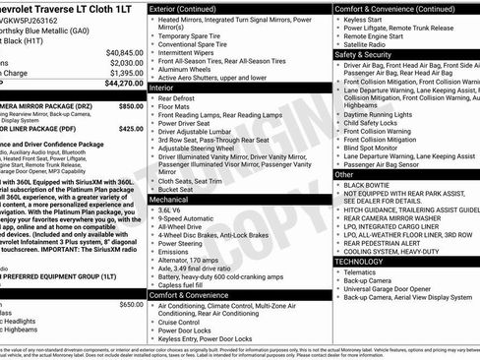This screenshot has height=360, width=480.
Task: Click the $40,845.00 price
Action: tap(125, 52)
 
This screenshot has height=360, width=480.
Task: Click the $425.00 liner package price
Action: tap(131, 128)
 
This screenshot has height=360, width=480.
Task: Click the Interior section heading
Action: tap(163, 88)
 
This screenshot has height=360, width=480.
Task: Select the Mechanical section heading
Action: tap(171, 199)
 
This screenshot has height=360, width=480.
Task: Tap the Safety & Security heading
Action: tap(363, 55)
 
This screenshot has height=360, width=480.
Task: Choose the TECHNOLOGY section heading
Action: tap(359, 261)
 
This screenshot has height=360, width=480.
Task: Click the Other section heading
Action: tap(344, 174)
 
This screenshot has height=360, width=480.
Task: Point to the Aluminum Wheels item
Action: tap(186, 69)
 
